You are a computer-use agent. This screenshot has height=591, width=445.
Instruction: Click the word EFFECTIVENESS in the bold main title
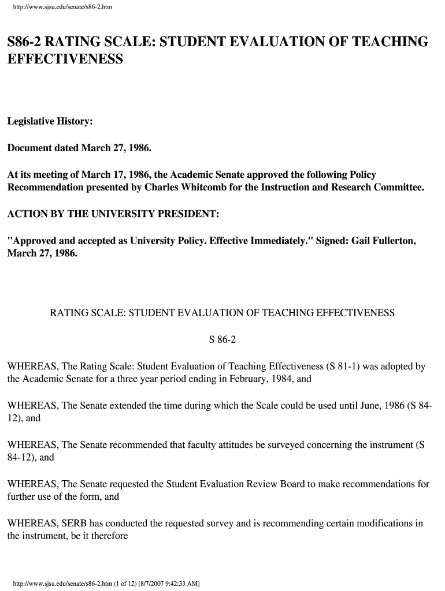pos(65,59)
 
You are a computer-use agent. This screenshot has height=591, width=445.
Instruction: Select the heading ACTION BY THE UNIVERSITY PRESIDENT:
pos(113,214)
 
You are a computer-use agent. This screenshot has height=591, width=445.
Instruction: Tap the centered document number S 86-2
pos(222,340)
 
